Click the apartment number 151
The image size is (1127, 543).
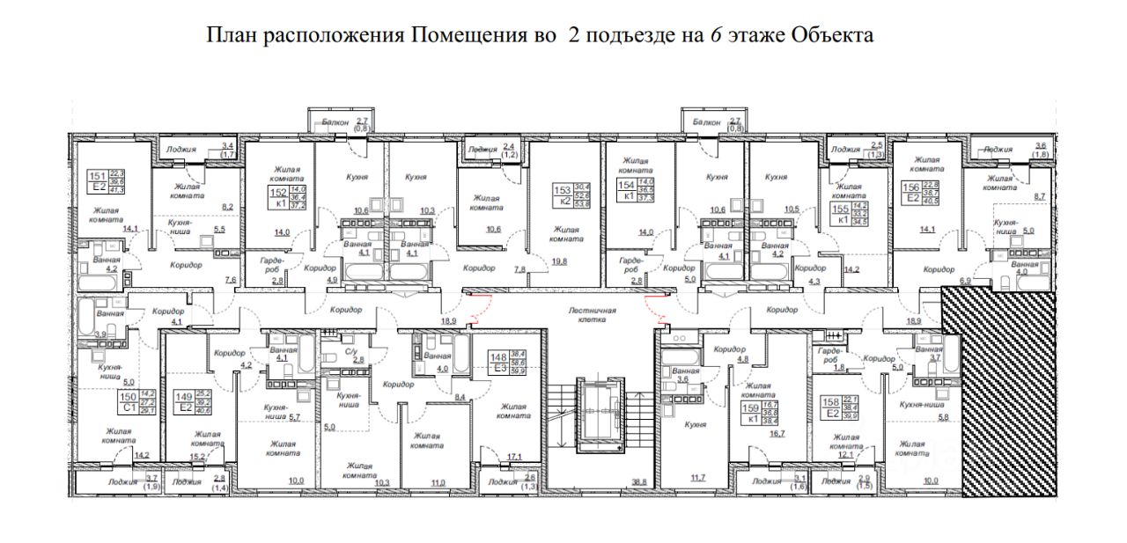coord(97,176)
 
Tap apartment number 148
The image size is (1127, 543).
coord(497,357)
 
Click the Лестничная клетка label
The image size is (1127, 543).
coord(591,316)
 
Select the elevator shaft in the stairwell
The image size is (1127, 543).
coord(599,414)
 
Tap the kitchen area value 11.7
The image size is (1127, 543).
coord(697,477)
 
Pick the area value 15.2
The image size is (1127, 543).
coord(199,457)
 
